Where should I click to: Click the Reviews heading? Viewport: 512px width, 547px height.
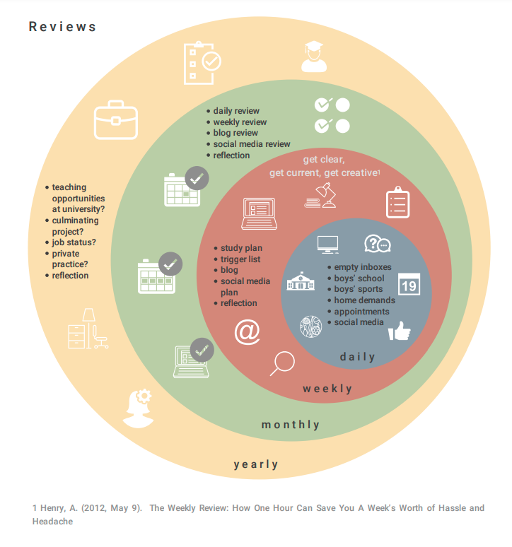pos(62,28)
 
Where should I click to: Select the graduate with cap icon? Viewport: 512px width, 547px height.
pos(314,57)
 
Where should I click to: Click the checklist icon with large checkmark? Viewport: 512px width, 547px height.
pos(201,61)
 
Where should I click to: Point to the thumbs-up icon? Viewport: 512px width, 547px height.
pos(399,331)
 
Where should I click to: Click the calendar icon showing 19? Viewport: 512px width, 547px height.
pos(408,283)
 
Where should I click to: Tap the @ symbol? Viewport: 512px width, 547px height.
pos(247,332)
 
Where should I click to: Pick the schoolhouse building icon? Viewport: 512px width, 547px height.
pos(301,282)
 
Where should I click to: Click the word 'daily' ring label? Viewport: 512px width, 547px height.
pos(358,357)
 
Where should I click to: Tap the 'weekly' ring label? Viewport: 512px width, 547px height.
pos(327,389)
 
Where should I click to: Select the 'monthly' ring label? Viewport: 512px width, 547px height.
pos(291,425)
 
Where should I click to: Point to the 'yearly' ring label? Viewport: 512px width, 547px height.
pos(256,464)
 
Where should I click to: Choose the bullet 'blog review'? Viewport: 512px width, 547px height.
pos(235,133)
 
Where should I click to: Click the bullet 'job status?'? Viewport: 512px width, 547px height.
pos(74,242)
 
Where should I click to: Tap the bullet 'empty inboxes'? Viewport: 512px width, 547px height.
pos(363,267)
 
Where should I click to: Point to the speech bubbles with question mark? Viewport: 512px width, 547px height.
pos(377,244)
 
